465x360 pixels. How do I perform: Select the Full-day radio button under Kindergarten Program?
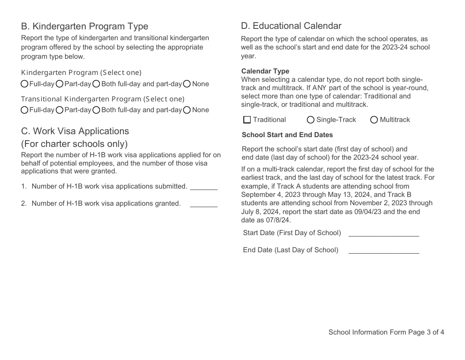24,84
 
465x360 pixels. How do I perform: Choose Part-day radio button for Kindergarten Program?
60,84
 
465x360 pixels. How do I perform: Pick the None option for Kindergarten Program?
187,84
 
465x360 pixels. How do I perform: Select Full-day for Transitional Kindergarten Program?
24,110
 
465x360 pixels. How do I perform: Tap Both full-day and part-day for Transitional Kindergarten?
96,110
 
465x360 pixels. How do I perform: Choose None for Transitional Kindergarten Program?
187,110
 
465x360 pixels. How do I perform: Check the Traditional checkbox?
247,120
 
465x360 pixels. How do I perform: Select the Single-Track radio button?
311,120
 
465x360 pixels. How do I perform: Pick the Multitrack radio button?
374,120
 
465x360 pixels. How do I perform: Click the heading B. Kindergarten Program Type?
84,26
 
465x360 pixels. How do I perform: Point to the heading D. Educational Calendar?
291,26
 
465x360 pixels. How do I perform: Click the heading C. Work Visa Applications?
75,131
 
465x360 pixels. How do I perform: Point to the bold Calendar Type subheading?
265,71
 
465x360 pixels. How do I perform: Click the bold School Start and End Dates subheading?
287,135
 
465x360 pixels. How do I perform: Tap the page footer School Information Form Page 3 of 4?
386,333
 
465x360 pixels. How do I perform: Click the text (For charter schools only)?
74,144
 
